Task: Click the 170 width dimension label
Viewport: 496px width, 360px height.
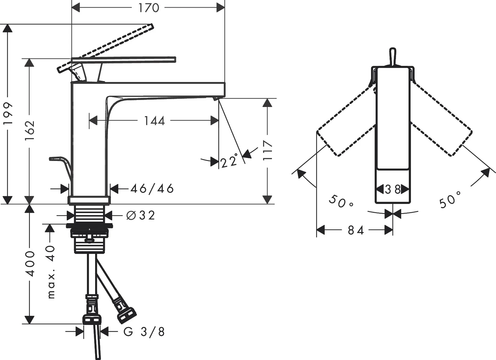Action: (148, 8)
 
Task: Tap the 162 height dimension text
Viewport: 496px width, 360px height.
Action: (30, 131)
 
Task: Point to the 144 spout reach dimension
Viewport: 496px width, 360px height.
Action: (154, 121)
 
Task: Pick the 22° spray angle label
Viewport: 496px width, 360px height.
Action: (230, 160)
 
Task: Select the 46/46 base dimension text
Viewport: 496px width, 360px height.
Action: (152, 189)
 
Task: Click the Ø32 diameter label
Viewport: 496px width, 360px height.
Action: (141, 215)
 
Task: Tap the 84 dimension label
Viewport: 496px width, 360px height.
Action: (356, 230)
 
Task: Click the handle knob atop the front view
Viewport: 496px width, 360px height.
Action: (393, 57)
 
